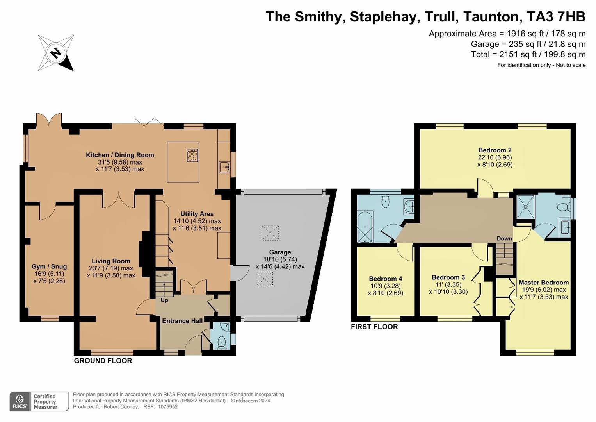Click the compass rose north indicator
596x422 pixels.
56,53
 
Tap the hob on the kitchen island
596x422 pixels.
192,155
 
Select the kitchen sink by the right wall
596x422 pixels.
224,167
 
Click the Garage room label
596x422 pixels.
280,252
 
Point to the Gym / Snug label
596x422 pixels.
49,267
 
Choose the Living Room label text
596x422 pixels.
111,261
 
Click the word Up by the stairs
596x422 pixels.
164,300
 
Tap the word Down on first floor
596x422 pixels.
504,238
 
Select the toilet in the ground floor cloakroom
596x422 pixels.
221,342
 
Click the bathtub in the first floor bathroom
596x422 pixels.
365,227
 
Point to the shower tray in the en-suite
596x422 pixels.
525,206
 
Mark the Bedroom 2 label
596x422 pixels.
495,150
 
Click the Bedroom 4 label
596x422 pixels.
385,279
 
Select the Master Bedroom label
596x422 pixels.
543,283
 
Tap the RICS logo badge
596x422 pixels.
20,401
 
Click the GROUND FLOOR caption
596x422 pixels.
103,361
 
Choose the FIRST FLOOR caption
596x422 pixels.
374,327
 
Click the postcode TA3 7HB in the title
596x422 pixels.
556,17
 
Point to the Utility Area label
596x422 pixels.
197,214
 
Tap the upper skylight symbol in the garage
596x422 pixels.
270,232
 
